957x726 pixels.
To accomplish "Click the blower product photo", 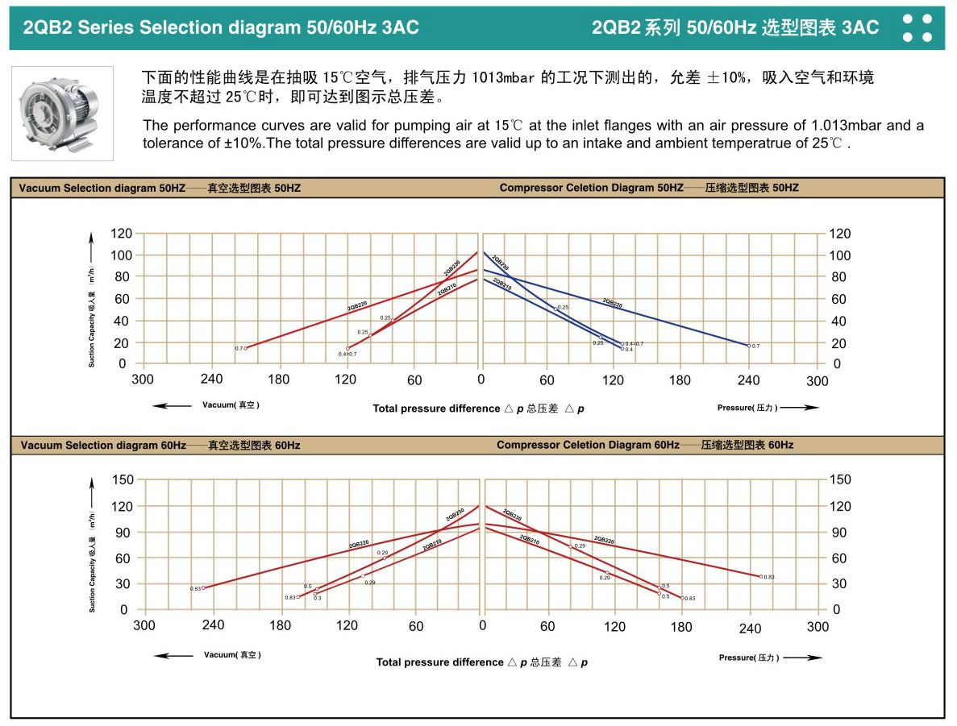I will [x=62, y=113].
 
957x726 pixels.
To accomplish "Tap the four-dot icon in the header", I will [x=917, y=27].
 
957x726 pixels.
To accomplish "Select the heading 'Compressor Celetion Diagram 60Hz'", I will [x=588, y=445].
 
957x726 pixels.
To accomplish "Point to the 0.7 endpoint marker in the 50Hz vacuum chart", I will [x=245, y=348].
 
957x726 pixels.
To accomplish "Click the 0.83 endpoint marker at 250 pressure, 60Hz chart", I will [x=759, y=576].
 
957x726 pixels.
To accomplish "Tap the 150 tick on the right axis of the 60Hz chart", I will [x=840, y=480].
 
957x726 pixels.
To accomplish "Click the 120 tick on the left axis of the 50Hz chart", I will [x=121, y=234].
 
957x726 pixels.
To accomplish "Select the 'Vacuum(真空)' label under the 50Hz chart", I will [x=231, y=405].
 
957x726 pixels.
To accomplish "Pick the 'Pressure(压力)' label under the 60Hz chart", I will [x=749, y=658].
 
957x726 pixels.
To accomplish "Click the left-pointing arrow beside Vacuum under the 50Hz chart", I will [x=173, y=405].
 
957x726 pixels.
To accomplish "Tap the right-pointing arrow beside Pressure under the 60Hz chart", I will [x=802, y=658].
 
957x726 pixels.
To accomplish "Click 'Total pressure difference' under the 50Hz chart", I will [x=435, y=409].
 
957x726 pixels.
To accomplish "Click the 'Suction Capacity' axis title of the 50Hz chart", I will [x=92, y=318].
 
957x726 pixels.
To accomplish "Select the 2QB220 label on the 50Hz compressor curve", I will [x=612, y=304].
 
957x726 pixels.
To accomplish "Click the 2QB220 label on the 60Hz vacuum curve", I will [x=358, y=546].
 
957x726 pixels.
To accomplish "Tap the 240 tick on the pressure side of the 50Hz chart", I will [x=749, y=380].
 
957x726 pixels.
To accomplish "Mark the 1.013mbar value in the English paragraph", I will [x=847, y=126].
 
